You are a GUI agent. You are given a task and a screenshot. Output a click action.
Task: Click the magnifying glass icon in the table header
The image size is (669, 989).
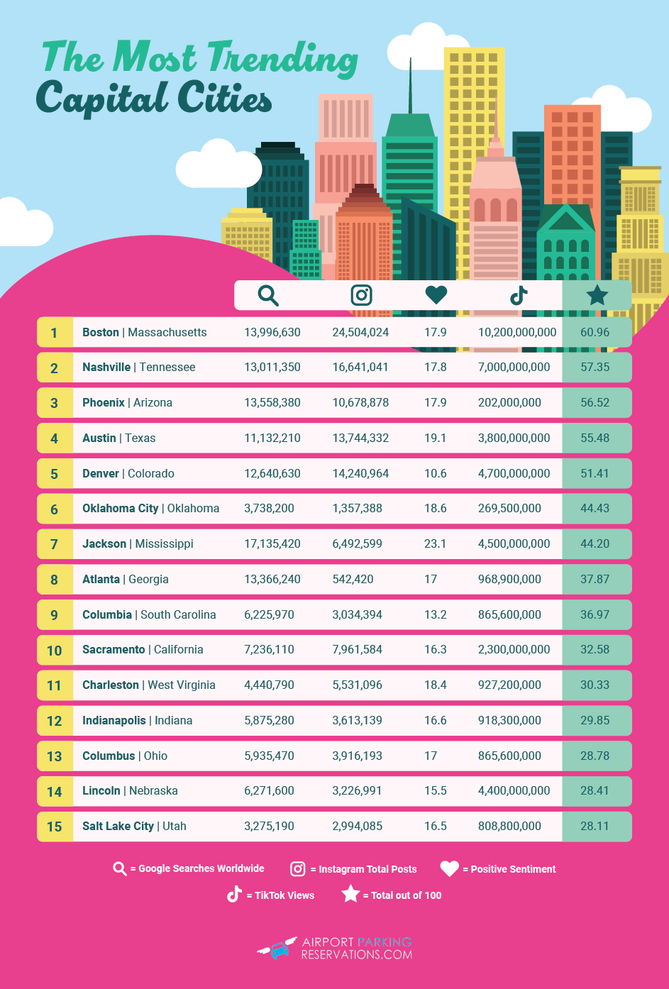268,295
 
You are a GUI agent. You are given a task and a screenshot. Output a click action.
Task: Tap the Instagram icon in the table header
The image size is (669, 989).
361,295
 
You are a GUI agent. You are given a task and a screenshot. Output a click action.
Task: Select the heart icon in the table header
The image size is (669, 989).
436,294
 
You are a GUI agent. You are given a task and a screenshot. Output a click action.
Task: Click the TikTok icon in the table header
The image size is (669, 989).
519,295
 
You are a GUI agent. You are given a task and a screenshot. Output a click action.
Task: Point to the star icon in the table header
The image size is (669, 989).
597,295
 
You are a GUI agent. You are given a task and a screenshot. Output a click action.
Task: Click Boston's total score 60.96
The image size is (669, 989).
595,332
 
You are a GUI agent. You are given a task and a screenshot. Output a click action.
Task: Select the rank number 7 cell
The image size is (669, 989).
55,544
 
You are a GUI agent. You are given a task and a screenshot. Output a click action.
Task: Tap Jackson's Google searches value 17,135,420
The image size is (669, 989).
272,544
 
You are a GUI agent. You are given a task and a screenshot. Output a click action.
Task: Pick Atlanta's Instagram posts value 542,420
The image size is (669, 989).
353,579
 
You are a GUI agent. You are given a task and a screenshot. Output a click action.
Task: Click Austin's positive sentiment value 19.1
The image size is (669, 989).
435,438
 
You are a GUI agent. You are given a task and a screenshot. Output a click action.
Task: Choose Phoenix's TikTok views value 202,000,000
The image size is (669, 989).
509,402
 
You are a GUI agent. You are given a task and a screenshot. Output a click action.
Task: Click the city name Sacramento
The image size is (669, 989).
114,650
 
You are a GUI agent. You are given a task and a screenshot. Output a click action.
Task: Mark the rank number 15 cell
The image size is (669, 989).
55,827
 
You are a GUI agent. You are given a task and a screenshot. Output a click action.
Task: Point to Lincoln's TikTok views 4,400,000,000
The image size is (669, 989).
514,790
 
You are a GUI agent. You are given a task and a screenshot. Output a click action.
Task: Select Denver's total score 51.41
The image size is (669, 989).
595,473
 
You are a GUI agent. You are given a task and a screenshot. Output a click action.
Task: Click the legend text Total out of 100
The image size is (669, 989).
406,895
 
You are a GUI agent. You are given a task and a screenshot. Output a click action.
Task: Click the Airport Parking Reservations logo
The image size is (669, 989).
335,948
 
